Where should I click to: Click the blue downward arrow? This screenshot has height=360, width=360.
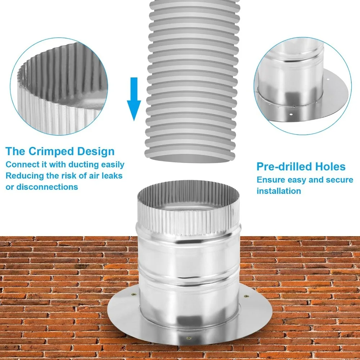(x=134, y=99)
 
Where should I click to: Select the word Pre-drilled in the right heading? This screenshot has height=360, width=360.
(x=283, y=166)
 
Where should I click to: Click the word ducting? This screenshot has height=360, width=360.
(x=84, y=165)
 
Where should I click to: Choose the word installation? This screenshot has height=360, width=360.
(x=279, y=191)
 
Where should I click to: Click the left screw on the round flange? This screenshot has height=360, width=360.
(x=134, y=294)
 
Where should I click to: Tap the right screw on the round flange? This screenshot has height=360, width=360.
(x=246, y=296)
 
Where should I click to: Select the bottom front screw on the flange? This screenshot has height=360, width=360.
(x=189, y=338)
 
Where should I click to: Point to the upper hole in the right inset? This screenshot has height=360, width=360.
(x=328, y=80)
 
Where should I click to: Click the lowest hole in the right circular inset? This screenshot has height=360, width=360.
(x=291, y=114)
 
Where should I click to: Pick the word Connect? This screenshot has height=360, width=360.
(x=19, y=165)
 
